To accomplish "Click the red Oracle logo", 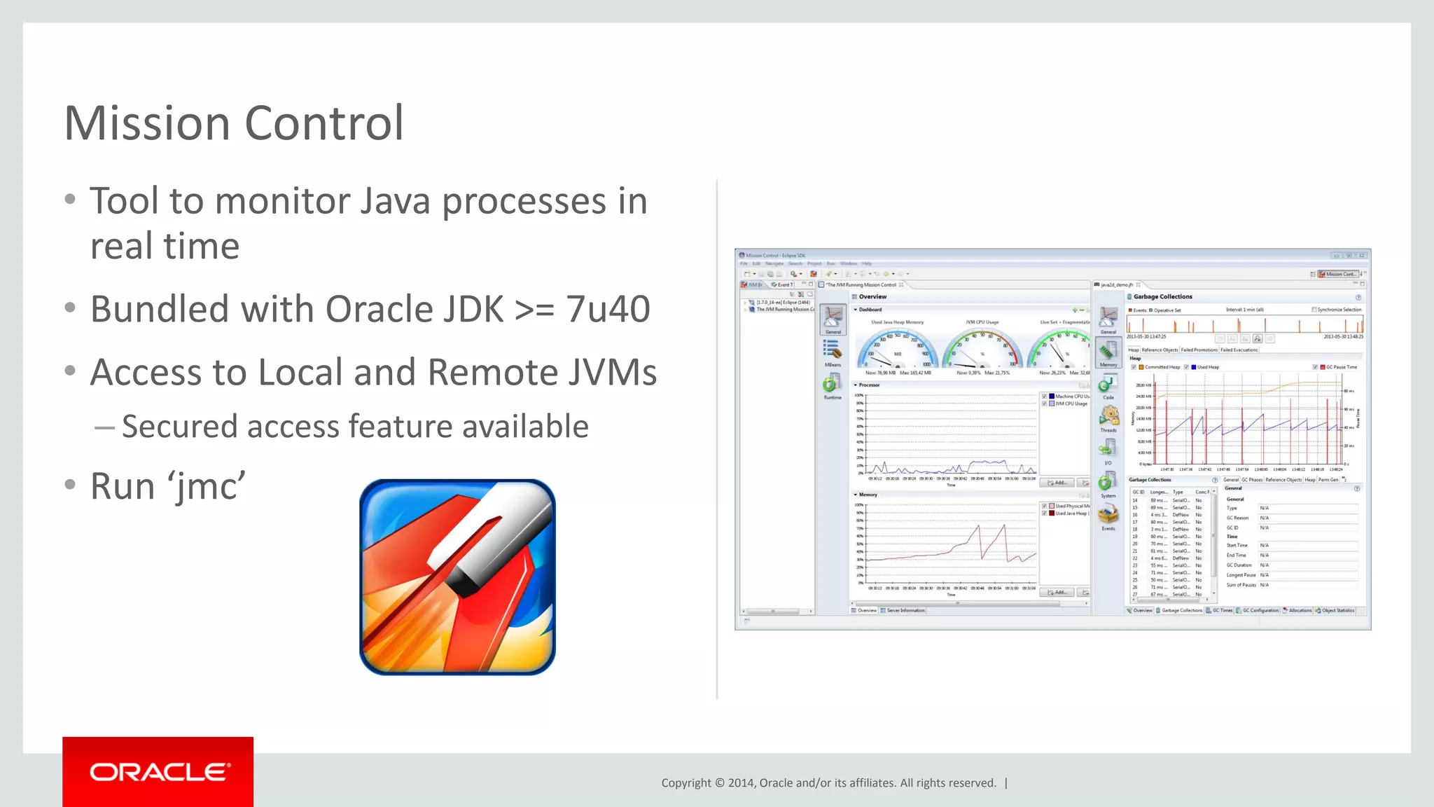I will click(158, 772).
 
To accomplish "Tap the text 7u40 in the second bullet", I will click(608, 309).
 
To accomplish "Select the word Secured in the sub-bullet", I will click(179, 427).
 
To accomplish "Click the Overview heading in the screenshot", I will click(872, 297).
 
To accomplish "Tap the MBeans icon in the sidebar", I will click(832, 350).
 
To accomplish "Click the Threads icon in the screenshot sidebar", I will click(1108, 416).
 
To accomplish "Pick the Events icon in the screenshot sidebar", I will click(1108, 515).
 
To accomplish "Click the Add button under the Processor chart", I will click(1057, 483).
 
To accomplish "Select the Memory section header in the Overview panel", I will click(868, 495).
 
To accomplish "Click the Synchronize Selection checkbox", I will click(1314, 310).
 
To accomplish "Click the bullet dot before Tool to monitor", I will click(69, 200).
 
